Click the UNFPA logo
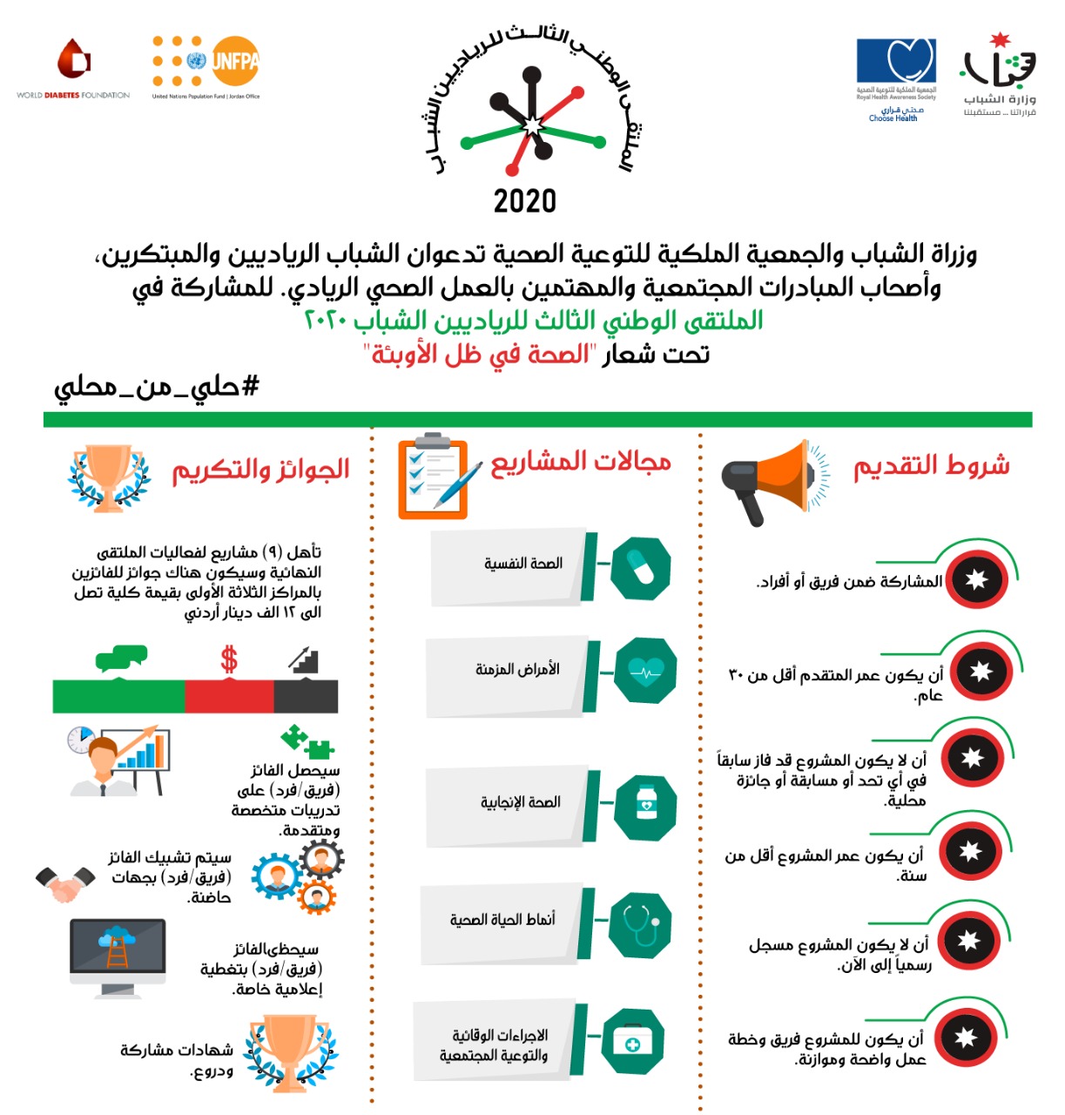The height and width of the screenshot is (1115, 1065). [206, 64]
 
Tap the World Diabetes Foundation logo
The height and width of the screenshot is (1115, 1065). [73, 70]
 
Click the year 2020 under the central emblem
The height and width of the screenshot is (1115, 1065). [524, 201]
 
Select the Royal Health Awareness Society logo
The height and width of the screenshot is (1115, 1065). [895, 78]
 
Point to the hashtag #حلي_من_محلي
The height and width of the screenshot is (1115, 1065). [157, 386]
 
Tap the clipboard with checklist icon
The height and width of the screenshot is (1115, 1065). [435, 477]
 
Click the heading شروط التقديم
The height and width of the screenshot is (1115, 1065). [931, 466]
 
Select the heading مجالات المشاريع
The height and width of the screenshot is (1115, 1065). [581, 463]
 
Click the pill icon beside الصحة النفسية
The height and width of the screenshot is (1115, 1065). [640, 567]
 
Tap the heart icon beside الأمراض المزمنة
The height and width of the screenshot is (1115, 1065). [645, 672]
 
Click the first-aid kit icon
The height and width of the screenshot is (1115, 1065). [633, 1042]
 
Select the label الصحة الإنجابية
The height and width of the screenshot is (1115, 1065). [520, 802]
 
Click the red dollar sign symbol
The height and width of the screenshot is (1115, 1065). [229, 659]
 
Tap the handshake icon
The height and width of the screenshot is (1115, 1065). [66, 883]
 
